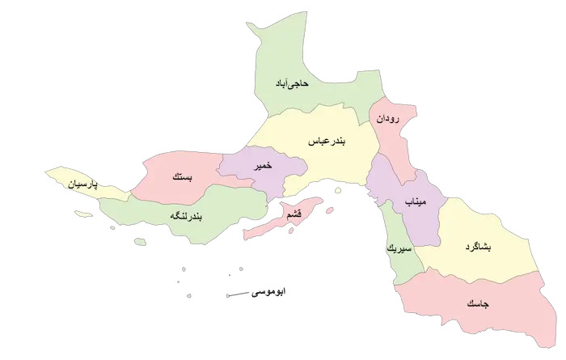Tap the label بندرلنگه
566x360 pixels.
coord(188,216)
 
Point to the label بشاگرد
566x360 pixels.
coord(479,246)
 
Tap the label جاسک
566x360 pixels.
coord(476,304)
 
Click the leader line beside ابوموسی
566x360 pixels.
coord(240,294)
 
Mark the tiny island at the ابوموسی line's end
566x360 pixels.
coord(228,295)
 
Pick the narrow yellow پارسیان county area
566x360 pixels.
coord(65,176)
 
